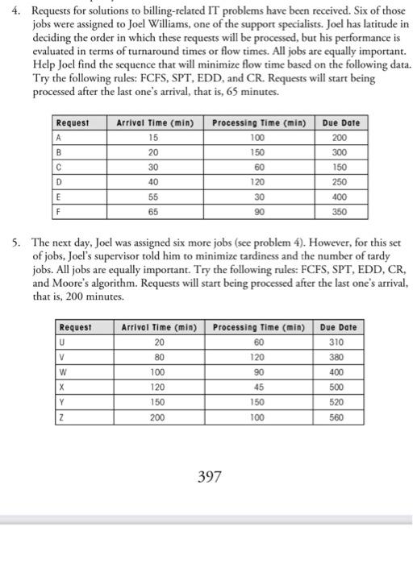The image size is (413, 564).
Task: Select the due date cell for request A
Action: coord(341,137)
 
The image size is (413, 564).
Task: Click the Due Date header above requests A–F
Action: coord(340,123)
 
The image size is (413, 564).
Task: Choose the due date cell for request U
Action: coord(342,342)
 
